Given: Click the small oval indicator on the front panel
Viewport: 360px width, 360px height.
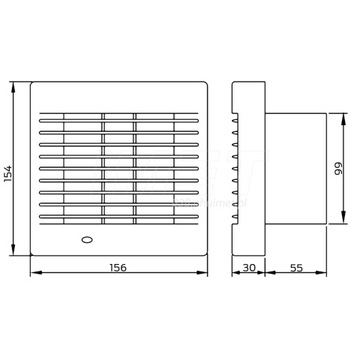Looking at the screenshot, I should [x=83, y=241].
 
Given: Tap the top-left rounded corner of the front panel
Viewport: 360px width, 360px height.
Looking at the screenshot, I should [x=33, y=84].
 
